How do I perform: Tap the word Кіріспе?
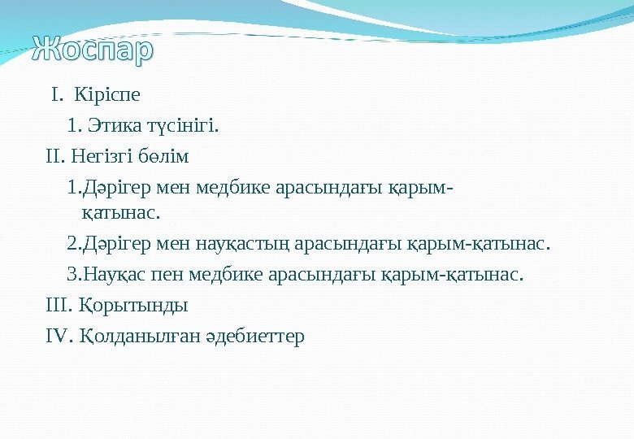click(x=106, y=95)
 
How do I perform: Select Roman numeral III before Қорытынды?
click(x=59, y=306)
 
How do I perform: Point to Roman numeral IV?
click(x=60, y=336)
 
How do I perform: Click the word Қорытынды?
click(x=134, y=306)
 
